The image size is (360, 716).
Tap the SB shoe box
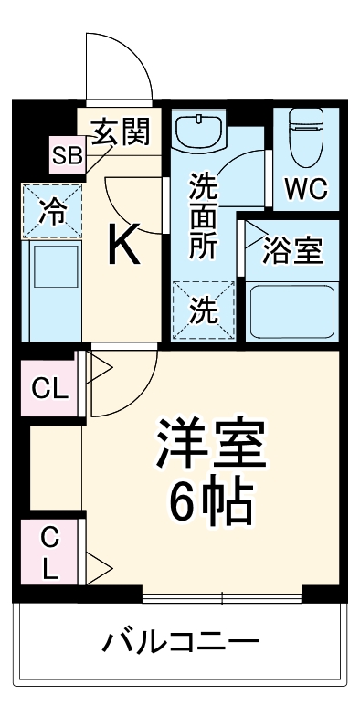tap(66, 156)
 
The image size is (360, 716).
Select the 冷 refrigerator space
tap(53, 212)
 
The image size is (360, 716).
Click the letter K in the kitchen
tap(125, 245)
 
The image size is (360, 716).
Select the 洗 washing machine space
tap(203, 311)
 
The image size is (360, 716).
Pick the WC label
tap(305, 189)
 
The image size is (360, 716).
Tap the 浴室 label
tap(292, 251)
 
